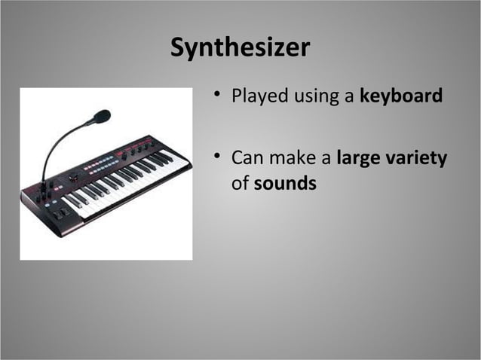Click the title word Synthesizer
tap(240, 48)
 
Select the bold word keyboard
tap(401, 96)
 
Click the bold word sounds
tap(285, 183)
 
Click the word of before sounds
tap(240, 183)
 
